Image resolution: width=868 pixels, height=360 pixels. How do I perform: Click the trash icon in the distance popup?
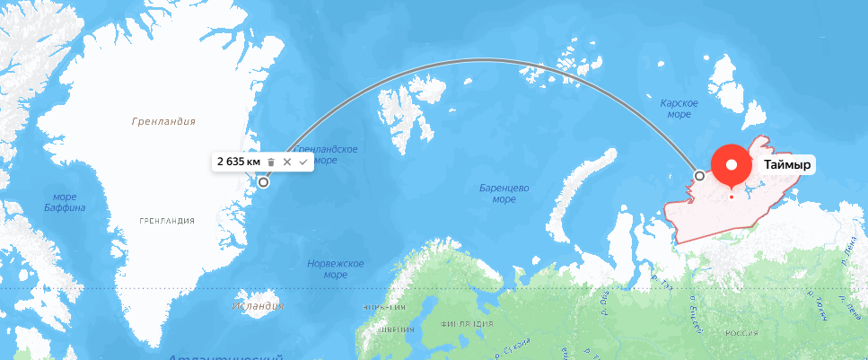pos(272,162)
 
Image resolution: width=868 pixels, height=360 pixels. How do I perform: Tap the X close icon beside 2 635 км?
pos(287,162)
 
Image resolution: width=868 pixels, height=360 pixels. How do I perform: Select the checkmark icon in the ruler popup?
pos(303,162)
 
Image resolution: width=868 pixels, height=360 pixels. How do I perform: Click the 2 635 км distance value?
pos(238,162)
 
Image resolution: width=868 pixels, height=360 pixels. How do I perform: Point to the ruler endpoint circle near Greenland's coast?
pos(264,182)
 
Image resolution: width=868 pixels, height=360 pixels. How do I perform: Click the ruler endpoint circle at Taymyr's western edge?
pos(700,175)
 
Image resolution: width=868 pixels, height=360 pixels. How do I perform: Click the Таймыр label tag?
pos(787,165)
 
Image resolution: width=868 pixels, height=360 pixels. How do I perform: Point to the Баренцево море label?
pos(504,193)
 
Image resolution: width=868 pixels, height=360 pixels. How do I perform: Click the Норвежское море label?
pos(335,268)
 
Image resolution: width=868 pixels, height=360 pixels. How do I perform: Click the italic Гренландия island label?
pos(162,121)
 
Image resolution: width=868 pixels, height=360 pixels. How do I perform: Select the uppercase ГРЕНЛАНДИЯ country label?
pos(167,220)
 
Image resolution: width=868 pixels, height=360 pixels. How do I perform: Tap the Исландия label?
pos(258,306)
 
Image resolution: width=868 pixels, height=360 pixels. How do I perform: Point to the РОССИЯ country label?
pos(741,333)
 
